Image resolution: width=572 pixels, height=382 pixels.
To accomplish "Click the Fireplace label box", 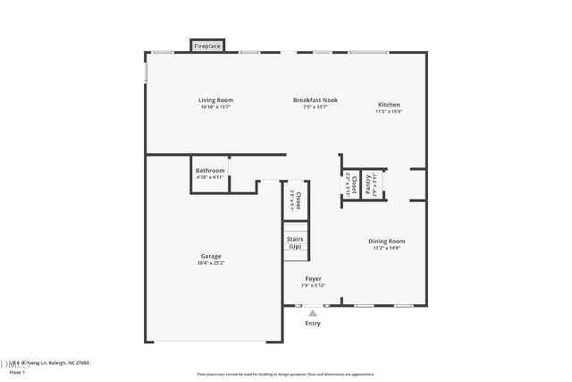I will (x=208, y=46).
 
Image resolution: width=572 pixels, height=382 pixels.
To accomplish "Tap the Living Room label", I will (x=215, y=100).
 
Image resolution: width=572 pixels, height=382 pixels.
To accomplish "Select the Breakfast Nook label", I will (x=315, y=100).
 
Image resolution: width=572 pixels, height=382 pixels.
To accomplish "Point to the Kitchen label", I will (x=389, y=105).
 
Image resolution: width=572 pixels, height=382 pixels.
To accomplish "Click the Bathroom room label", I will (x=210, y=170).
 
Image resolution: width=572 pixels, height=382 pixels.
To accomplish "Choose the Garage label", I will (x=211, y=256).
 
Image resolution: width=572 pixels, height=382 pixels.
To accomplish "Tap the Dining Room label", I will (x=387, y=241).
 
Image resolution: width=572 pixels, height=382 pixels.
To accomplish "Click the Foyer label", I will (x=313, y=278).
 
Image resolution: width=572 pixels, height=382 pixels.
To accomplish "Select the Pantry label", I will (x=367, y=184).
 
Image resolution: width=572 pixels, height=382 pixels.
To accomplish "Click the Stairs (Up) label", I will (x=295, y=242).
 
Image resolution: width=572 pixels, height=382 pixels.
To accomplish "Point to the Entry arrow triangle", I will (x=312, y=313).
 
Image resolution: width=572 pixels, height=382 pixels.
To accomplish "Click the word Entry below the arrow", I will (x=312, y=324).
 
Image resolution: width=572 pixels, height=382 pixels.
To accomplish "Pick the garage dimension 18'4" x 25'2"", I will (x=211, y=263).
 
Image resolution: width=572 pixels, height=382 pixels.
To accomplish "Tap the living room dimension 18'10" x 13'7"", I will (x=215, y=107).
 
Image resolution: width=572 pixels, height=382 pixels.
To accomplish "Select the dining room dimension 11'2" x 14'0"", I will (x=387, y=248).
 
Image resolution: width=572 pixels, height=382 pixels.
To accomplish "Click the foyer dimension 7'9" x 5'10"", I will (x=313, y=285).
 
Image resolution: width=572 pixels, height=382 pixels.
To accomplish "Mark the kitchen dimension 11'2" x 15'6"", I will (x=389, y=112).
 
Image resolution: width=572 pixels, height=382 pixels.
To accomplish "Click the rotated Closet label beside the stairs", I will (x=299, y=200).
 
